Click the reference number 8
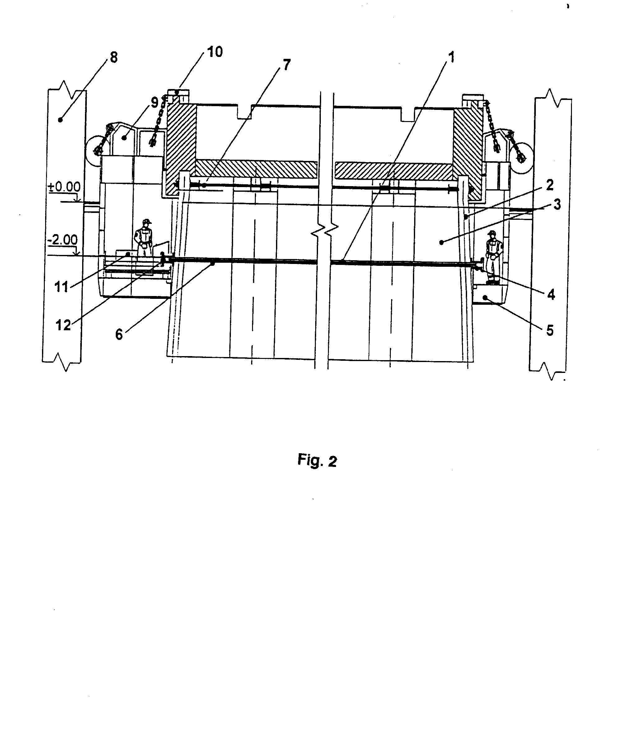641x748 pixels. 114,57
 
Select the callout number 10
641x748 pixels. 215,52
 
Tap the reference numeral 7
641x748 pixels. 286,65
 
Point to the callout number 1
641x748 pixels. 451,57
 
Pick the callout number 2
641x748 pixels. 550,185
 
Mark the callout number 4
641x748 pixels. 551,294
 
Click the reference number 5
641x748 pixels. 550,330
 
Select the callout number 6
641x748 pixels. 119,335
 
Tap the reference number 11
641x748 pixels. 61,287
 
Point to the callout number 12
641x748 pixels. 63,325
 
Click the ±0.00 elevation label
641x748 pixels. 64,187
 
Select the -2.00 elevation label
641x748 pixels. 62,240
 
